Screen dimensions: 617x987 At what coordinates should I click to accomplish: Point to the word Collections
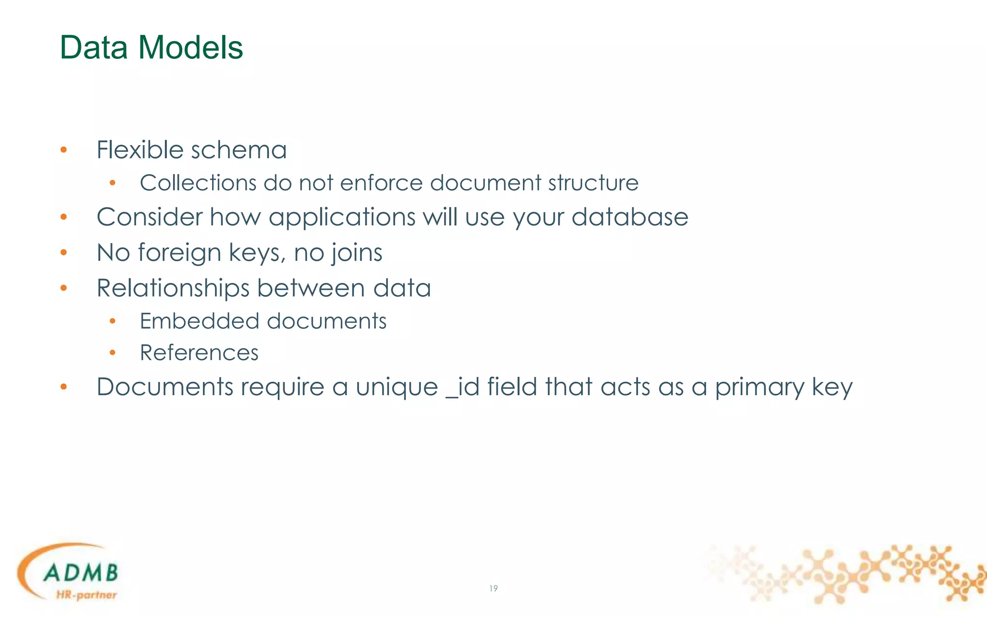click(x=198, y=183)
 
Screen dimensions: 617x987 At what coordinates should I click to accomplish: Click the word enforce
click(x=384, y=183)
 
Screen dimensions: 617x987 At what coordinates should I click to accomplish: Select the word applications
click(x=342, y=217)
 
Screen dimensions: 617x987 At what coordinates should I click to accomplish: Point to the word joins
click(x=357, y=253)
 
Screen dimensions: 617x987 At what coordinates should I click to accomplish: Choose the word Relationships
click(x=173, y=288)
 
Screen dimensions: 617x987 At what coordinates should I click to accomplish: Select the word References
click(x=199, y=353)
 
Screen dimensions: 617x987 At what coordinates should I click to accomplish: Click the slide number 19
click(x=493, y=589)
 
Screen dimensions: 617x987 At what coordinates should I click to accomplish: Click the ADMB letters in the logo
click(x=80, y=573)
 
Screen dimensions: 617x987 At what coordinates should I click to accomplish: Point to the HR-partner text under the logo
click(x=86, y=595)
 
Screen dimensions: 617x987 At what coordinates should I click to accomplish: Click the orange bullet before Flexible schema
click(x=64, y=150)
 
